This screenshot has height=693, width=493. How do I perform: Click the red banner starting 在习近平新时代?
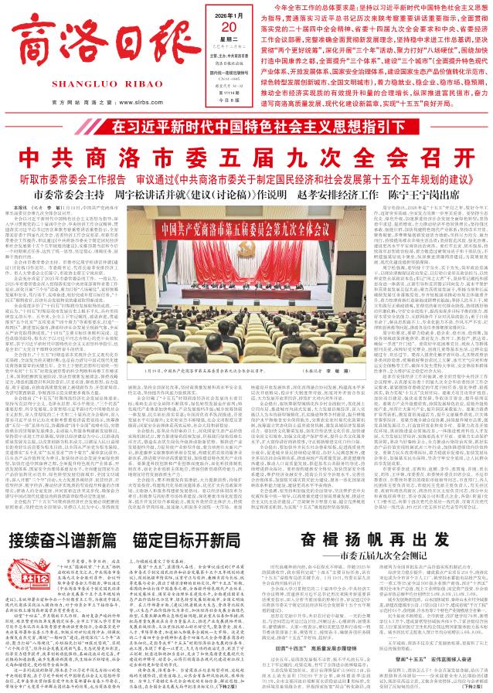click(246, 124)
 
